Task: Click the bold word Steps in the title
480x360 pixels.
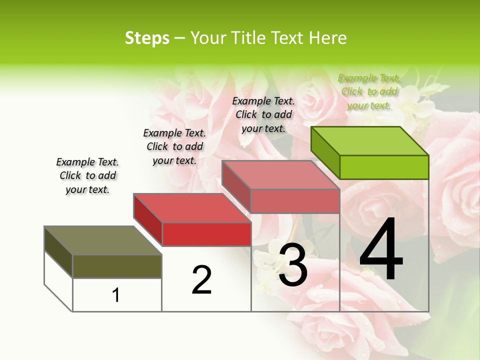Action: coord(147,38)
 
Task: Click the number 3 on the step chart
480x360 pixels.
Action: coord(293,265)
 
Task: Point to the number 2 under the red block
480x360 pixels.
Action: coord(201,280)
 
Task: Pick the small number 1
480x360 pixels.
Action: coord(116,295)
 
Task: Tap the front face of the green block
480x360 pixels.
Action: coord(384,167)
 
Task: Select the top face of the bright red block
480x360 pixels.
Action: coord(192,208)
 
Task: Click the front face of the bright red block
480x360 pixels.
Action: coord(206,234)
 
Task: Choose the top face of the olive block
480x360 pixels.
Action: coord(103,240)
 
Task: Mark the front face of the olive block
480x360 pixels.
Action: coord(117,266)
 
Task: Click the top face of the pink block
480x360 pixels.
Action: coord(280,175)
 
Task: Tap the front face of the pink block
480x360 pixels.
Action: coord(295,201)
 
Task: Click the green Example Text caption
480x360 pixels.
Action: coord(369,91)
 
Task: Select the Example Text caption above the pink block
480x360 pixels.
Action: coord(263,114)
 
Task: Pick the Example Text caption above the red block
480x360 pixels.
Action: coord(174,146)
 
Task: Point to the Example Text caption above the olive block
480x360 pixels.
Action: coord(87,175)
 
